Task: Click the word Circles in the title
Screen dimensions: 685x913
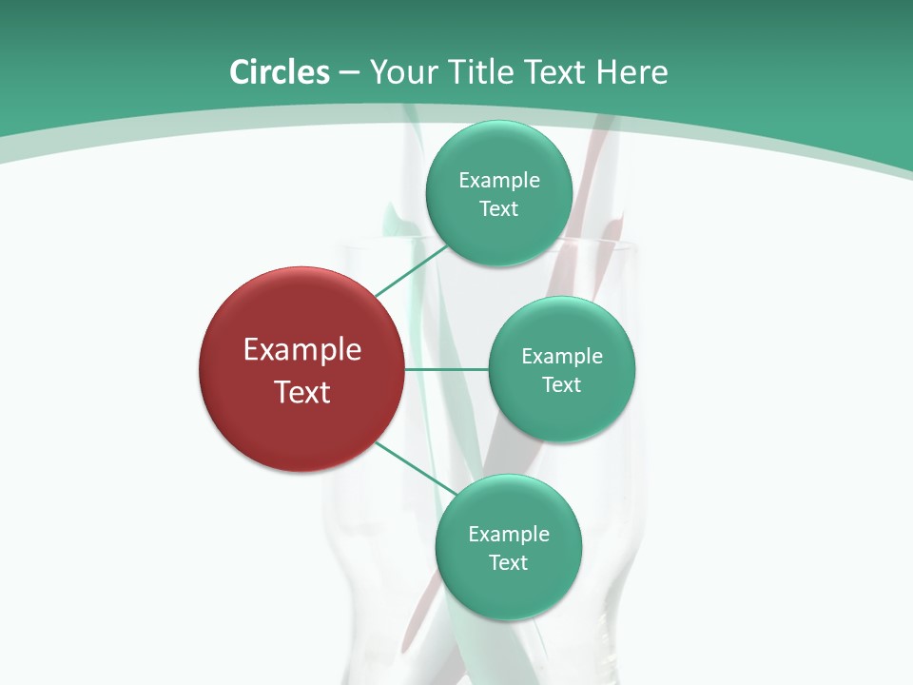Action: (x=279, y=72)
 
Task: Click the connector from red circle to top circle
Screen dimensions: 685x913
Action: (x=411, y=270)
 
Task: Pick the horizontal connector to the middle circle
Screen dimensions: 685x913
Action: (x=446, y=368)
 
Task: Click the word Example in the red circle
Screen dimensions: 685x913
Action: (x=302, y=350)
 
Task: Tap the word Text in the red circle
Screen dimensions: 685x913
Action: (x=302, y=392)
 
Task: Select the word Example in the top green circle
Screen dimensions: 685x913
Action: (x=498, y=181)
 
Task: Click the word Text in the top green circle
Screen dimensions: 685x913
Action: (x=498, y=209)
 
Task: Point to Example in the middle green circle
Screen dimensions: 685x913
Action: (x=561, y=357)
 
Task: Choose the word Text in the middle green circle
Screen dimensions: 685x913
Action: (x=561, y=385)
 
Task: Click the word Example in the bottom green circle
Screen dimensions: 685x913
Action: (x=508, y=535)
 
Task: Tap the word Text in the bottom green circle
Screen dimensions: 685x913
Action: (x=508, y=563)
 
